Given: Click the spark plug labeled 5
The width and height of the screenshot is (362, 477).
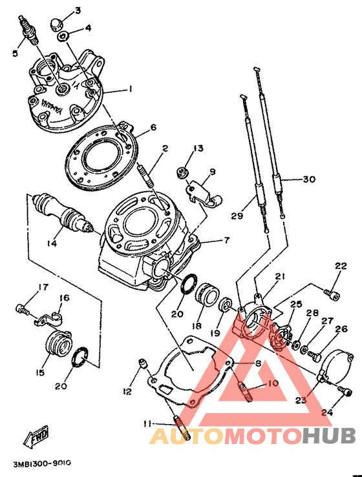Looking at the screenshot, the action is (x=29, y=30).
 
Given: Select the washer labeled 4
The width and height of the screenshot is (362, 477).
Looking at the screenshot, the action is (x=63, y=37).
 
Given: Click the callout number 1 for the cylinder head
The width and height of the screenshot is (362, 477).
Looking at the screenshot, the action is (x=130, y=89).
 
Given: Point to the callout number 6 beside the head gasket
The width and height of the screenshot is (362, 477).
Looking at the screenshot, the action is (x=153, y=127).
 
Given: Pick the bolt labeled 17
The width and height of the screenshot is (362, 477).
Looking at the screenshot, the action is (x=22, y=310).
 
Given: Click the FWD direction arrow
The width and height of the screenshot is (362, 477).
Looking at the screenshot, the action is (x=36, y=437).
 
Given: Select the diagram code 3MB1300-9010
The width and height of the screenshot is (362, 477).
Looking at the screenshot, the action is (x=42, y=463).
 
